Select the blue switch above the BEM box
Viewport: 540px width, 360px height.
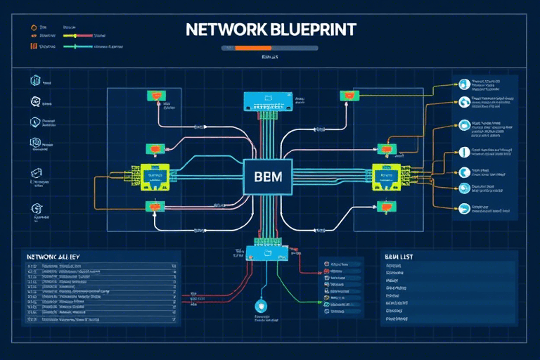267,101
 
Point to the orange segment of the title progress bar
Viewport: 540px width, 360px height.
247,48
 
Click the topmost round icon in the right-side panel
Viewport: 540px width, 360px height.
464,84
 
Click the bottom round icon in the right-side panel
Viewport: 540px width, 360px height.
464,208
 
